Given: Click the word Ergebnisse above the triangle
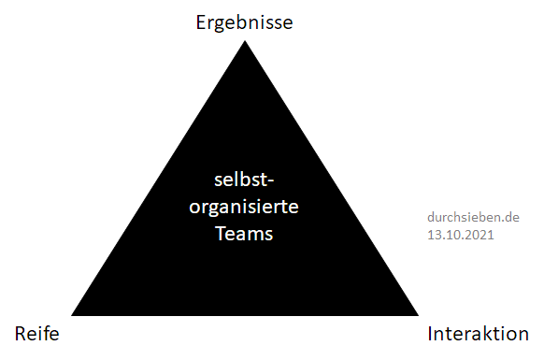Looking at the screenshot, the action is (x=244, y=23).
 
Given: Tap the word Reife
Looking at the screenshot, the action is (x=36, y=334).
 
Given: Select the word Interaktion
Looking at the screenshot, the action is (x=478, y=334).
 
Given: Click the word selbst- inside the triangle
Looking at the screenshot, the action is (x=244, y=180).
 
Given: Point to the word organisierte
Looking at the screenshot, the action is (x=244, y=208).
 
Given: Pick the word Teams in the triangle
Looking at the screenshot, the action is (x=244, y=233).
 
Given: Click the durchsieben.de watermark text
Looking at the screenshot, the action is (x=473, y=217).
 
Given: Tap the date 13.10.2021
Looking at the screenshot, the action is (x=461, y=235).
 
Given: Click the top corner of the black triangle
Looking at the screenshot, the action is (x=245, y=40).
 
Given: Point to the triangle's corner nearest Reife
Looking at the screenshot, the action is (x=71, y=315).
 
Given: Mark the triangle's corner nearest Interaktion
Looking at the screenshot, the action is (x=419, y=315).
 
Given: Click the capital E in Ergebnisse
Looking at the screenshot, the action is (x=201, y=22).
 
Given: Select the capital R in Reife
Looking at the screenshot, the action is (x=21, y=334).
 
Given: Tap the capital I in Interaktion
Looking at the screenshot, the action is (x=430, y=334).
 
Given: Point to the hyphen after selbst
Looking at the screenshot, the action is (x=270, y=180).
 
